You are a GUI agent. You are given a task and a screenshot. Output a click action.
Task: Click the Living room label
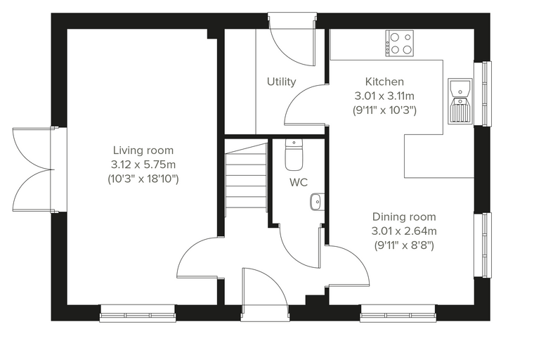point(143,150)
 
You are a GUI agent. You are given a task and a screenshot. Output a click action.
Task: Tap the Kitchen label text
point(384,82)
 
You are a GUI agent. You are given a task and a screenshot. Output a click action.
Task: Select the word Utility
point(281,82)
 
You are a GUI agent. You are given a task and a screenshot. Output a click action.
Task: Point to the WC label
point(299,182)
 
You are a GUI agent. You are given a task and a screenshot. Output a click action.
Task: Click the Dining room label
point(404,217)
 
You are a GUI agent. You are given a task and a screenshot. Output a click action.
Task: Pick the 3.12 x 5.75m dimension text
point(143,165)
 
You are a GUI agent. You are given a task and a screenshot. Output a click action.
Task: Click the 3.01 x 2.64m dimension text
point(404,231)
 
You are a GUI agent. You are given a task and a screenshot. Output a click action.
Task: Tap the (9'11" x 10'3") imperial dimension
point(384,110)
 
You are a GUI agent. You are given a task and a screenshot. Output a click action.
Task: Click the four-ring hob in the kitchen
point(400,44)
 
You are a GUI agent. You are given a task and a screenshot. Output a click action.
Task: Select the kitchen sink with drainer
point(460,101)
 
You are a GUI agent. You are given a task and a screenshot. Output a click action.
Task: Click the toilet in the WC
point(294,155)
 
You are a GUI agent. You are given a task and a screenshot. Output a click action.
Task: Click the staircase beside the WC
point(245,179)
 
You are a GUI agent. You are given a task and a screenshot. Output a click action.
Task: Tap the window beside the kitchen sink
point(483,94)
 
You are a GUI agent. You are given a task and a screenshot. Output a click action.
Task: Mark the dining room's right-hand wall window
point(483,245)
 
